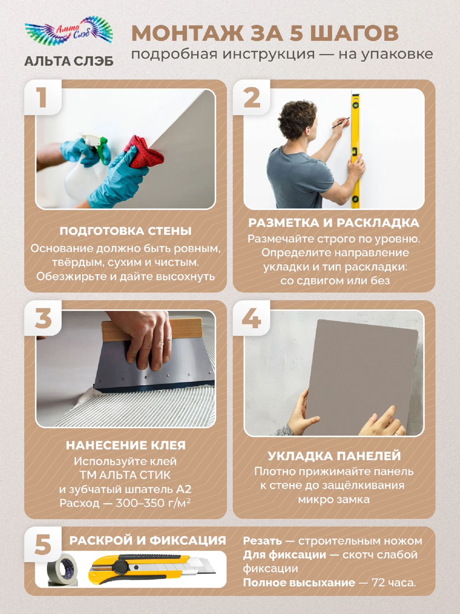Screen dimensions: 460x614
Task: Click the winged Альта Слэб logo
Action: coord(69,31)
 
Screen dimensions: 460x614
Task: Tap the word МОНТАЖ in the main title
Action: coord(188,33)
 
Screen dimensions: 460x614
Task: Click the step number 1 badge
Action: coord(42,97)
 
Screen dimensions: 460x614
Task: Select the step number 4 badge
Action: coord(251,318)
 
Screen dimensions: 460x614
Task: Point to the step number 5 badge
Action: coord(43,545)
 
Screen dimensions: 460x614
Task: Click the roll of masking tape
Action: coord(62,570)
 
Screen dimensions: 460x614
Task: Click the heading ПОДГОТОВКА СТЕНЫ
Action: coord(125,231)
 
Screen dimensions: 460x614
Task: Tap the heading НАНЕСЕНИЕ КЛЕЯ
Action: coord(126,445)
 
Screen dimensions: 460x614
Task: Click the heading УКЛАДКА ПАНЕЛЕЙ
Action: coord(334,456)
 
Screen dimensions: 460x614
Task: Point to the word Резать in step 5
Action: coord(263,541)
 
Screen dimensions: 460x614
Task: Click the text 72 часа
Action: coord(394,582)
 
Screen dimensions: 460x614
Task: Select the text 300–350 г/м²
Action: coord(153,503)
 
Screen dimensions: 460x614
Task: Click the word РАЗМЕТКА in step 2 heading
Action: coord(284,223)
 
